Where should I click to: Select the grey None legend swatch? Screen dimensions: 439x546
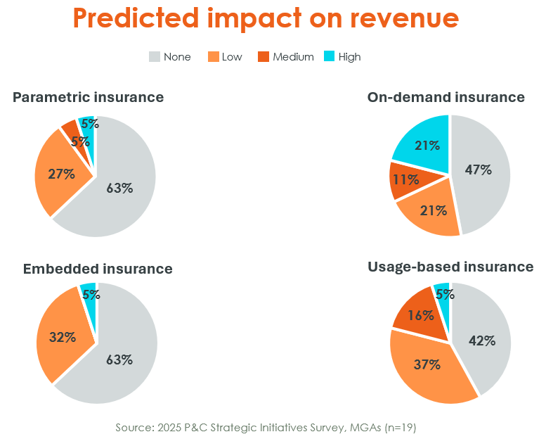click(155, 56)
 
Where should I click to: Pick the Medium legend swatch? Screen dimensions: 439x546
click(264, 56)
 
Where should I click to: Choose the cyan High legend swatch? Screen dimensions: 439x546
click(329, 56)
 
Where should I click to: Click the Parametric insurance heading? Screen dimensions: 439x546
click(88, 97)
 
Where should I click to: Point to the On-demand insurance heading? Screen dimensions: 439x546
click(446, 97)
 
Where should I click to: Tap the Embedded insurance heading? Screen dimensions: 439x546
click(98, 269)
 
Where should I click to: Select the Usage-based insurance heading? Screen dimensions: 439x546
click(450, 267)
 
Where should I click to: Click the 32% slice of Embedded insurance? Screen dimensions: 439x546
click(63, 338)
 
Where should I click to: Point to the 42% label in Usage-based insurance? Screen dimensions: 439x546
click(482, 341)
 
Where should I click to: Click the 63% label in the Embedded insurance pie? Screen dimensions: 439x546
click(119, 360)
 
